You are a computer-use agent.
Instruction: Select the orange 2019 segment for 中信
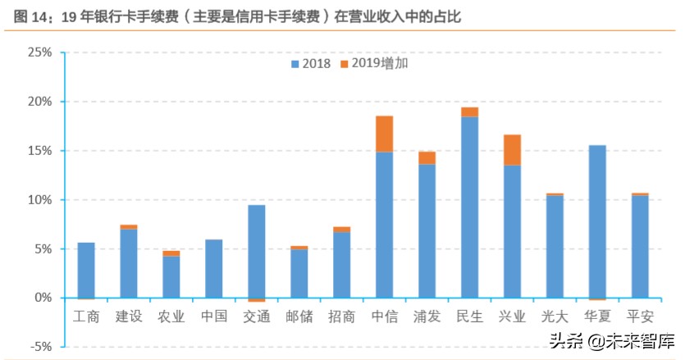point(384,134)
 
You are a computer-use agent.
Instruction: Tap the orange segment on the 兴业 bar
point(512,150)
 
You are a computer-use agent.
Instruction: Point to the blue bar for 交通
point(256,251)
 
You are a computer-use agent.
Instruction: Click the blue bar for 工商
point(86,270)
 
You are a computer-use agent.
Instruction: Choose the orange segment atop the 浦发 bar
point(427,157)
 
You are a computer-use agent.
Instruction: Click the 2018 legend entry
point(309,64)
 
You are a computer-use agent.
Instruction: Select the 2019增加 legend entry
point(373,64)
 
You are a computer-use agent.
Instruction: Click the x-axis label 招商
point(341,317)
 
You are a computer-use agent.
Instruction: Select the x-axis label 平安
point(640,317)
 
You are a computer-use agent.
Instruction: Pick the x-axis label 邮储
point(299,317)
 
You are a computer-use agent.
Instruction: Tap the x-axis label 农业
point(171,317)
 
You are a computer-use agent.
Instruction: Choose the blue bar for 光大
point(555,246)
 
